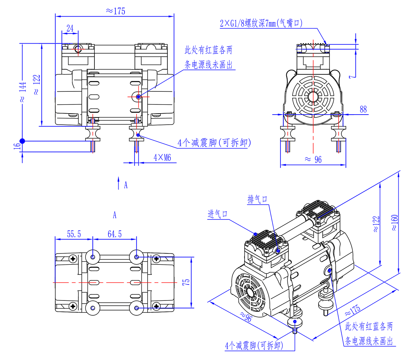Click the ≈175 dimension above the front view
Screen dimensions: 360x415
pos(116,11)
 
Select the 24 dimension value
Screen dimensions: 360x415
pos(70,28)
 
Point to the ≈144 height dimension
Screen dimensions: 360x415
pos(22,92)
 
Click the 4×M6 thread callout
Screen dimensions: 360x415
pos(162,157)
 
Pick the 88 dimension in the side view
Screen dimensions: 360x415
pos(363,109)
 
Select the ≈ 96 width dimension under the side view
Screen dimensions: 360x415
pos(313,159)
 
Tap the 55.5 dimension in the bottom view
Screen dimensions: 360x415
pos(74,234)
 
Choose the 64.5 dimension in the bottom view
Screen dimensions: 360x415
pos(115,234)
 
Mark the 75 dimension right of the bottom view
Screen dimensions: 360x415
pos(186,282)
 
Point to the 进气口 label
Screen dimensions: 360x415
pos(218,214)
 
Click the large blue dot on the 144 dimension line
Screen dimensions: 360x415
pos(22,141)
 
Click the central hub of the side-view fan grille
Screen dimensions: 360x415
pos(314,97)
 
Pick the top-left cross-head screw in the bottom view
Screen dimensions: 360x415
pos(73,258)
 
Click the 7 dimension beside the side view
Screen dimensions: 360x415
pos(352,76)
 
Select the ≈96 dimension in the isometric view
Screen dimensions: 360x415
pos(246,316)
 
